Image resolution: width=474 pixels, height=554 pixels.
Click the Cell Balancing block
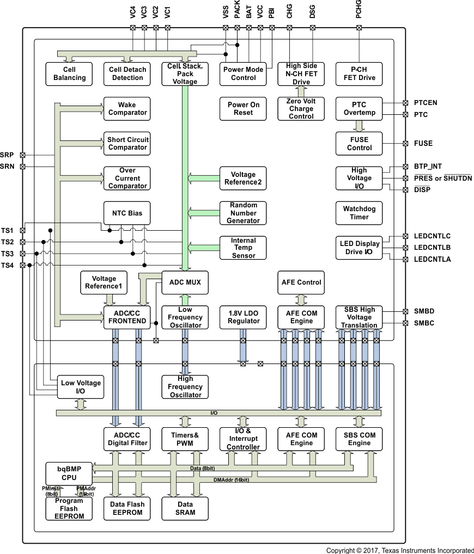coord(69,73)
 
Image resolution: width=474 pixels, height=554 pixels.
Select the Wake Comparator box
coord(127,108)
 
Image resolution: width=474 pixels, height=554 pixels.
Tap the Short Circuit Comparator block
coord(127,144)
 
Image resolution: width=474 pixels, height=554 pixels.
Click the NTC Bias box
coord(127,213)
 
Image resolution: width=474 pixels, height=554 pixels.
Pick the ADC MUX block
coord(185,282)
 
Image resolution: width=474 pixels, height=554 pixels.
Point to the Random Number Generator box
coord(243,213)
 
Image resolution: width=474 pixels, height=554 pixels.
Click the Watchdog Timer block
coord(359,213)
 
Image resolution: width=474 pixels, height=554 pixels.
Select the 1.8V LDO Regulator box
coord(243,317)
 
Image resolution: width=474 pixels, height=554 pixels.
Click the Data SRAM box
coord(185,508)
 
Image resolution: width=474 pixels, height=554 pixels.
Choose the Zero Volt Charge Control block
coord(301,108)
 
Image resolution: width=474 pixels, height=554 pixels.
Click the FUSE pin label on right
coord(423,144)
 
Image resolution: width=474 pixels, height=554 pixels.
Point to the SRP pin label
coord(8,155)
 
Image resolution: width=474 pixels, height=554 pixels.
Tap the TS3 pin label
coord(8,254)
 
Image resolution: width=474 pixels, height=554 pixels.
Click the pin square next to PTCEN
coord(405,102)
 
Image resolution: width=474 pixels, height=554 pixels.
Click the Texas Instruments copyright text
coord(400,550)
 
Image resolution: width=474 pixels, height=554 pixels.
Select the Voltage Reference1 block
coord(104,282)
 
